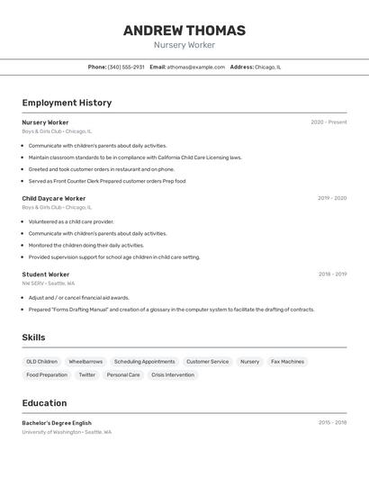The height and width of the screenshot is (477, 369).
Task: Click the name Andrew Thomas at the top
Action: point(184,31)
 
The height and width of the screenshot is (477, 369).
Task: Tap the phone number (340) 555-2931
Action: point(126,67)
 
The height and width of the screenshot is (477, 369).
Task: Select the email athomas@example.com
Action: point(195,67)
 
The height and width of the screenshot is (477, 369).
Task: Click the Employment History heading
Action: point(67,103)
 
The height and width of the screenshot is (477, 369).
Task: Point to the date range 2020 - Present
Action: point(328,122)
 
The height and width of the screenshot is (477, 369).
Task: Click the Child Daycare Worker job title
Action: point(54,198)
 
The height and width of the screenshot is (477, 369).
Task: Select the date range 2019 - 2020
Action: point(332,198)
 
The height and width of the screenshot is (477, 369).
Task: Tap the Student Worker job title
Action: point(46,274)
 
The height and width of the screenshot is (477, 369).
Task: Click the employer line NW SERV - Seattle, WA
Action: point(49,283)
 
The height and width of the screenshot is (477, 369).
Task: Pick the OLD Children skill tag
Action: point(41,362)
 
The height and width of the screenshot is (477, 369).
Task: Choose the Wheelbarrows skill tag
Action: point(85,362)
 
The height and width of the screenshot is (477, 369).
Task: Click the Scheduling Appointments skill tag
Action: point(144,362)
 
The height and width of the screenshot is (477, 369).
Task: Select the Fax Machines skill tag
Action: point(287,362)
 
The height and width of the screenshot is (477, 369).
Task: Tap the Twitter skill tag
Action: point(86,375)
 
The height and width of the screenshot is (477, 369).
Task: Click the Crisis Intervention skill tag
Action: point(173,375)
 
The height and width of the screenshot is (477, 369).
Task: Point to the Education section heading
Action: point(44,403)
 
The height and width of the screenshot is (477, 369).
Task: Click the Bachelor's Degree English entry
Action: point(57,423)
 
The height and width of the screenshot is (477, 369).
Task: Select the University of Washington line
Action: point(67,432)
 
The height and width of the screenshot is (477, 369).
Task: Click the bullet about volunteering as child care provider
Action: point(71,221)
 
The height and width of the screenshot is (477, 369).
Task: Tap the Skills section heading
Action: point(34,337)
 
